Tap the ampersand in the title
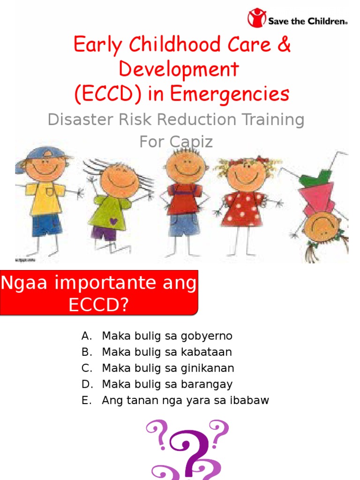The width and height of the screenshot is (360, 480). coord(283,45)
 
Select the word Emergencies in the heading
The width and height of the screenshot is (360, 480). coord(230,94)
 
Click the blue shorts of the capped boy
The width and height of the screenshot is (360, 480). coord(46,224)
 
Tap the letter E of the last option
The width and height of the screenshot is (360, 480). coord(85,401)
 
